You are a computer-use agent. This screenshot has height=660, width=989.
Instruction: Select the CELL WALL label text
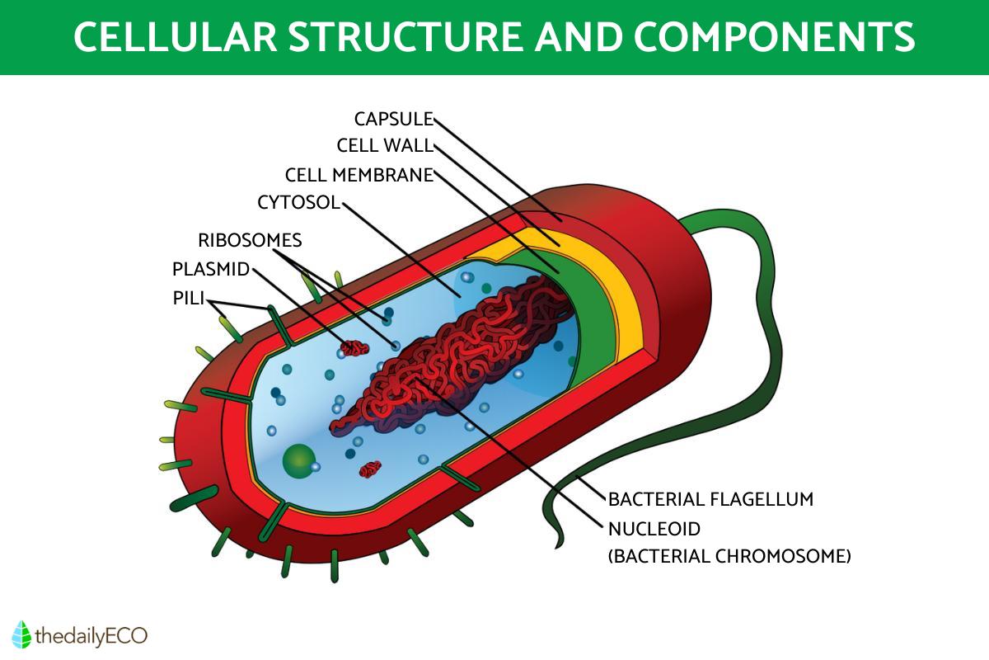click(384, 146)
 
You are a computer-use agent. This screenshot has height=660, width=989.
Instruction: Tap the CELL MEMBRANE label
click(359, 175)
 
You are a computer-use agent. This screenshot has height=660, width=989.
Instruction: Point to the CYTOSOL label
click(298, 202)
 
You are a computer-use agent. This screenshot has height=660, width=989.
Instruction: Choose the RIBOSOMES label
click(250, 240)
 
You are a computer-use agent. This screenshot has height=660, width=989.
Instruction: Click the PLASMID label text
click(210, 270)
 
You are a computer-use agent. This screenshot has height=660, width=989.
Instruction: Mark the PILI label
click(188, 298)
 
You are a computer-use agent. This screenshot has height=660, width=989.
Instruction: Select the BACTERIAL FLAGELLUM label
click(710, 499)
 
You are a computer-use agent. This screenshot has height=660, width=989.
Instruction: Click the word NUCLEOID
click(654, 528)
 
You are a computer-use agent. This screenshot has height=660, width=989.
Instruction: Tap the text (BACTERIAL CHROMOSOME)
click(729, 556)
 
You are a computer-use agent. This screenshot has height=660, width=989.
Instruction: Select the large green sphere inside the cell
click(298, 461)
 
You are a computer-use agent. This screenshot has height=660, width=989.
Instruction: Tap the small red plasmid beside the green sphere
click(371, 469)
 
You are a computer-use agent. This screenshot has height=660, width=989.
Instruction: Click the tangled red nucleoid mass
click(462, 355)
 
